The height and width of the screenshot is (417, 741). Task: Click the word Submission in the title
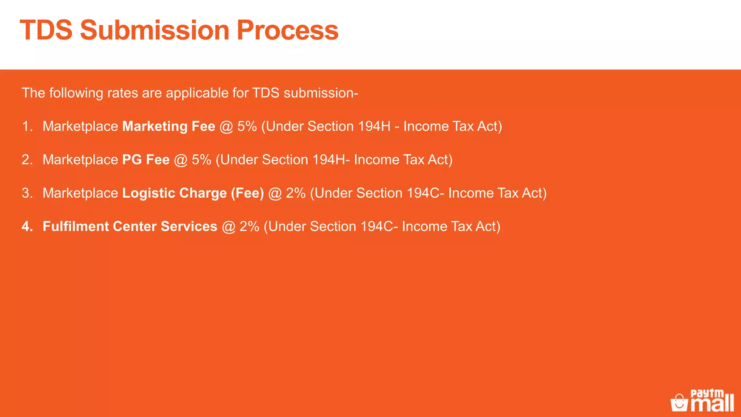click(x=154, y=30)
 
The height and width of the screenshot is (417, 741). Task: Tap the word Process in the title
click(x=287, y=30)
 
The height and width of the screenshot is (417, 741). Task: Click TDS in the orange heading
click(x=46, y=30)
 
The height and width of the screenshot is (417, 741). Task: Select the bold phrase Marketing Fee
click(x=169, y=126)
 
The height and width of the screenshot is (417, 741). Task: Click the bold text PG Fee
click(x=146, y=160)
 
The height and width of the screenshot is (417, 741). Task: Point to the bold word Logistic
click(x=149, y=193)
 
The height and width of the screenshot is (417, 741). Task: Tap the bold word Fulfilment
click(x=76, y=227)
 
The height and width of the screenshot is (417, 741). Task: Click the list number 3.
click(x=26, y=193)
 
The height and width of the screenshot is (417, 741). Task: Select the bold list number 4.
click(x=26, y=227)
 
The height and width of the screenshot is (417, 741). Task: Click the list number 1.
click(x=26, y=126)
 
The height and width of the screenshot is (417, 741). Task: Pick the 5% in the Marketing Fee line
click(x=247, y=126)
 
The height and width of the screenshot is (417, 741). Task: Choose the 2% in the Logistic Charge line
click(x=296, y=193)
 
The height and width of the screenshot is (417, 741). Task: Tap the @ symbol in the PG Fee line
click(x=181, y=160)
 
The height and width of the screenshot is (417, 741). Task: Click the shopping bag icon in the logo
click(x=679, y=403)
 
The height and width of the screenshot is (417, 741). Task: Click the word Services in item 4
click(x=189, y=227)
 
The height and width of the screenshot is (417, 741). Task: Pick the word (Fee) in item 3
click(x=247, y=193)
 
